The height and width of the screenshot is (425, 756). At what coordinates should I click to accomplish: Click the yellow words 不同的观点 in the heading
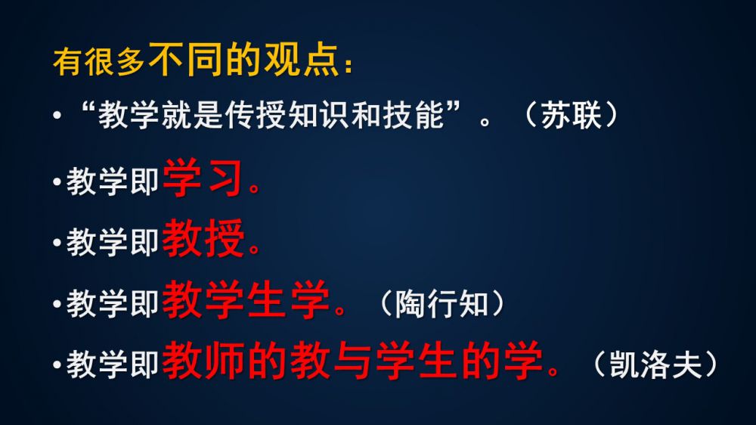(244, 59)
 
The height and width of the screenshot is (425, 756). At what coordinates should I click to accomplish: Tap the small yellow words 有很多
(99, 62)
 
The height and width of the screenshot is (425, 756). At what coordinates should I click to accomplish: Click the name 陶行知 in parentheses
(442, 304)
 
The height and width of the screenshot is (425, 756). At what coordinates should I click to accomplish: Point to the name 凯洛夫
(655, 365)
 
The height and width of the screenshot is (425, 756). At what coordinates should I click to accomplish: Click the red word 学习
(203, 178)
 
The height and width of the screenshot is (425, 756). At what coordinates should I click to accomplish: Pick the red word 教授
(203, 238)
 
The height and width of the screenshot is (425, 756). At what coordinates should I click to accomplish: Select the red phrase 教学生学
(246, 299)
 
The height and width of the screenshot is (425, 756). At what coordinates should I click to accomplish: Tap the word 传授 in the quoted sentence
(240, 115)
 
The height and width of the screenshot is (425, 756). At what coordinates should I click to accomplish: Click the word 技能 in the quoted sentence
(414, 115)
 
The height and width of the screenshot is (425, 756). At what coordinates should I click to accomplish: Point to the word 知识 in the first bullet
(320, 115)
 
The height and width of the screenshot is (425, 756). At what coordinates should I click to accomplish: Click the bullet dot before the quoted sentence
(57, 116)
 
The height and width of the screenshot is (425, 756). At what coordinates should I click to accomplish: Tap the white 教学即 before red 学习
(113, 181)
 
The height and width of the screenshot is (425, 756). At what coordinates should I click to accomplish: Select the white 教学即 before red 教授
(113, 242)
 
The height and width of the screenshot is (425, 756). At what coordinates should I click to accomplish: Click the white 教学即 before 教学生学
(113, 303)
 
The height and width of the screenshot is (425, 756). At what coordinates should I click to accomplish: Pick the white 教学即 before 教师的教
(113, 365)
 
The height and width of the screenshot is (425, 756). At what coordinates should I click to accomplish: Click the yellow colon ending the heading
(349, 66)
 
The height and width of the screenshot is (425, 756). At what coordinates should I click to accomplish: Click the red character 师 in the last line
(225, 361)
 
